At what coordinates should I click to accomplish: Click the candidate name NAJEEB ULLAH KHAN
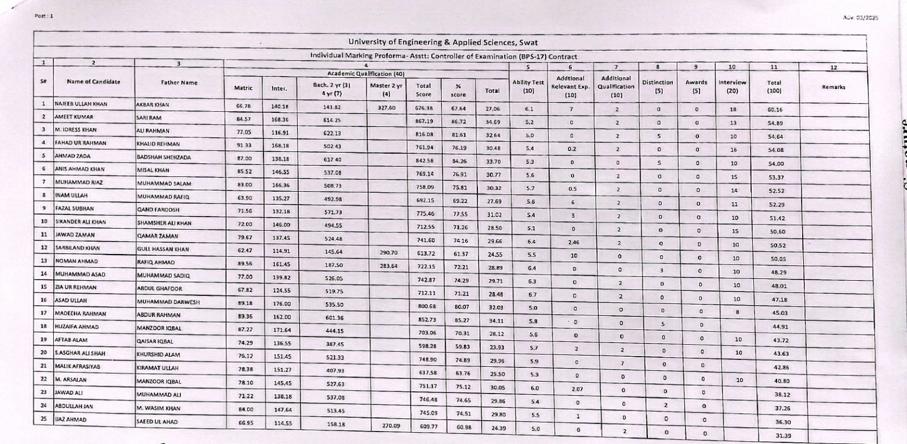81,104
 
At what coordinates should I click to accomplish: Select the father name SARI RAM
149,117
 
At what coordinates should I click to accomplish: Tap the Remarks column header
833,87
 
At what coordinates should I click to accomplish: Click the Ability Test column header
528,86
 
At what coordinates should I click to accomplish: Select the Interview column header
732,86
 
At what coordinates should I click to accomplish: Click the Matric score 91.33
244,143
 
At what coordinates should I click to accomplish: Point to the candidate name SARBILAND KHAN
77,248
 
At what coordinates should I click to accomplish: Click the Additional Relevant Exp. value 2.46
573,242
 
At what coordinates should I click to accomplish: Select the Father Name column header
179,83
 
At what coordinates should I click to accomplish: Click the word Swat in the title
527,43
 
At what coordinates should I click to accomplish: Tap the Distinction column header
658,86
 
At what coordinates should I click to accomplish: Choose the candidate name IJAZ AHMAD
71,420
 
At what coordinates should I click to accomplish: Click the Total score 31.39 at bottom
783,435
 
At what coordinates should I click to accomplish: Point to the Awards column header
696,86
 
